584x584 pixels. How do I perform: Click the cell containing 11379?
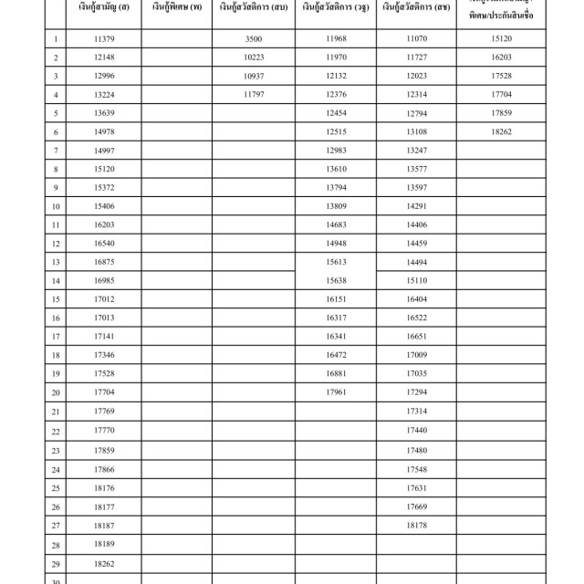point(104,39)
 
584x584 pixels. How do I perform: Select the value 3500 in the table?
point(254,39)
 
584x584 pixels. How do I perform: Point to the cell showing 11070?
point(416,39)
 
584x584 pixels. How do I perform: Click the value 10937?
point(254,76)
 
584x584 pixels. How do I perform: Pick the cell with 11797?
point(254,95)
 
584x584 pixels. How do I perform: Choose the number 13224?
point(104,95)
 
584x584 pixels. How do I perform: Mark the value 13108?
point(416,132)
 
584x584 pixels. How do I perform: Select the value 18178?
point(416,526)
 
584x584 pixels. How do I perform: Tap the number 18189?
point(104,544)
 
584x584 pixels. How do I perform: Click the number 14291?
point(416,206)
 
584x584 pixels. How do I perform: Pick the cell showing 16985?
point(104,280)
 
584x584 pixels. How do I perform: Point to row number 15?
point(56,299)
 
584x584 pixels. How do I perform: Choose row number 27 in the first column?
point(56,526)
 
